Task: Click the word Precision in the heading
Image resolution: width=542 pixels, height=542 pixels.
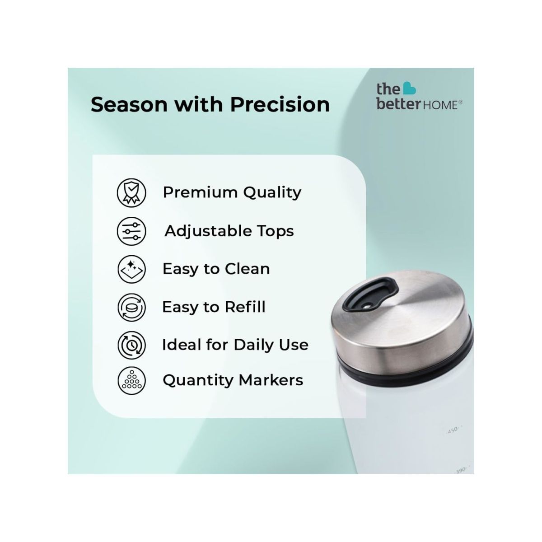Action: coord(280,105)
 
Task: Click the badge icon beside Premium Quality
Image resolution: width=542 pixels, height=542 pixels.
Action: coord(131,192)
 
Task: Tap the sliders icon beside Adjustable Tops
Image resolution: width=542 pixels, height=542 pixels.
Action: coord(131,231)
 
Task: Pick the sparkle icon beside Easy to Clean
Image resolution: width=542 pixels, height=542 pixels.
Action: coord(131,269)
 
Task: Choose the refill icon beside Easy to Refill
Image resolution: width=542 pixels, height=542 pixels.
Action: coord(131,307)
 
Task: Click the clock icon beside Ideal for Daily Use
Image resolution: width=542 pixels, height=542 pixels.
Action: coord(131,345)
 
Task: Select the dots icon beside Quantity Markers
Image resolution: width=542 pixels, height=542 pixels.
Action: coord(131,380)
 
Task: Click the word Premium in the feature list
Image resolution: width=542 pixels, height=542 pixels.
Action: coord(200,192)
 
